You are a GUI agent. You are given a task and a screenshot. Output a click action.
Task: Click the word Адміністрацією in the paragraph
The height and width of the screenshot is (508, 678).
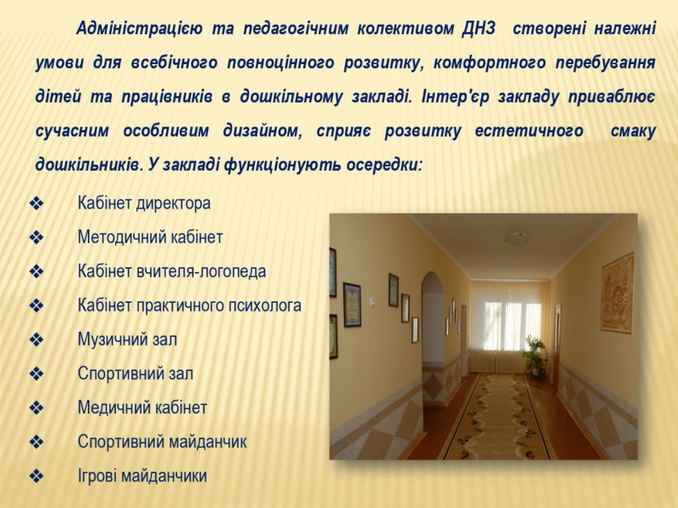[139, 29]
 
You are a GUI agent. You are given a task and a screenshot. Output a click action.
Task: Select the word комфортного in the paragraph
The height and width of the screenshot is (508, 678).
[489, 63]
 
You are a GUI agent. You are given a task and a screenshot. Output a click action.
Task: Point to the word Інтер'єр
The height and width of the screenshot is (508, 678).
[455, 97]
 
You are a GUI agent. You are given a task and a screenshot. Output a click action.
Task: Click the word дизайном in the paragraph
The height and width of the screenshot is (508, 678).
[263, 131]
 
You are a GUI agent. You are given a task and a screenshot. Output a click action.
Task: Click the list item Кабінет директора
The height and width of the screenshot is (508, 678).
[144, 203]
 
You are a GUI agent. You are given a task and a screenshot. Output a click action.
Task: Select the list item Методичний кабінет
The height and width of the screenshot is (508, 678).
[150, 237]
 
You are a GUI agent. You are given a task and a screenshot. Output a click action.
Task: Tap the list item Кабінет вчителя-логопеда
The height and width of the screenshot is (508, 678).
[172, 271]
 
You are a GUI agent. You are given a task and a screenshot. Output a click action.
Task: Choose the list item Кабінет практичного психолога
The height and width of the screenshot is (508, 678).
[189, 305]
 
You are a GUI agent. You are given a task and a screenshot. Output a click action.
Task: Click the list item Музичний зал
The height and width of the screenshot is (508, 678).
[127, 340]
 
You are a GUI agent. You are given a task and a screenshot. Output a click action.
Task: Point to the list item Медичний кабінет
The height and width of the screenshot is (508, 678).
[142, 408]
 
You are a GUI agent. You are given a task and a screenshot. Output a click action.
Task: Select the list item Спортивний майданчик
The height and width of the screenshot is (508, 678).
[162, 442]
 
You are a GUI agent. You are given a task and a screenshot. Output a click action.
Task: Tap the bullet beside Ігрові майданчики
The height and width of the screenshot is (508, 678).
[37, 476]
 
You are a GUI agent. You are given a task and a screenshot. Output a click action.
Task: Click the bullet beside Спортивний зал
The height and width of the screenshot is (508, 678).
[37, 374]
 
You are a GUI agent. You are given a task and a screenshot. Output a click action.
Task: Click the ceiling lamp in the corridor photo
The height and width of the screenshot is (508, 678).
[517, 237]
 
